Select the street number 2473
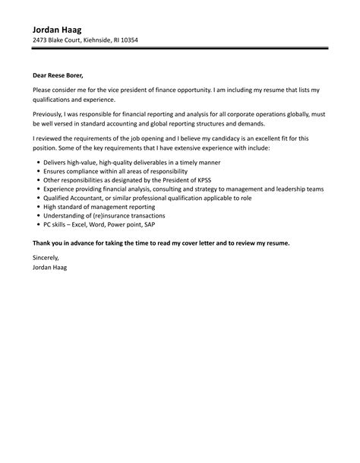pyautogui.click(x=42, y=40)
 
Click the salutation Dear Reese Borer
pyautogui.click(x=66, y=75)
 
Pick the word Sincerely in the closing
pyautogui.click(x=47, y=258)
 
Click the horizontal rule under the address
pyautogui.click(x=180, y=49)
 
